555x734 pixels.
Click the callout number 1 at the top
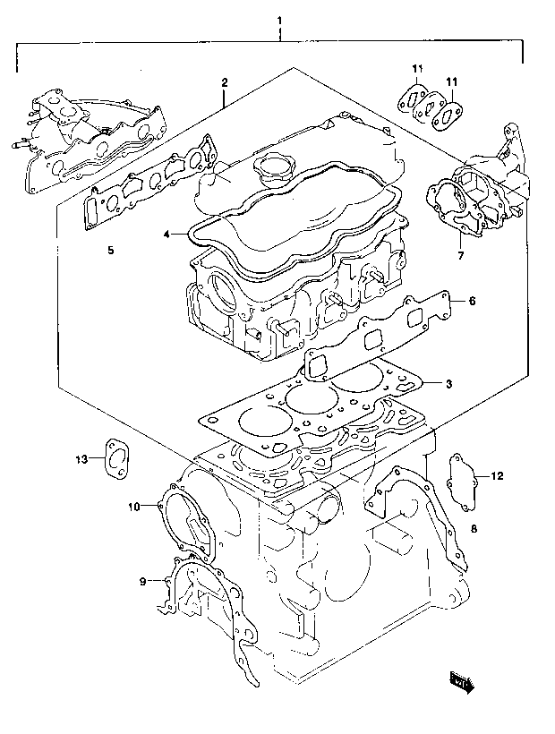279,21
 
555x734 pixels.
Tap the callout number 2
225,83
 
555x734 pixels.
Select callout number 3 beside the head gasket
448,384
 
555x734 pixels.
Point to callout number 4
166,234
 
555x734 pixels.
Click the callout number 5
110,251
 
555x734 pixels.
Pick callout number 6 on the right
472,301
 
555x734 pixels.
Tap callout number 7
460,256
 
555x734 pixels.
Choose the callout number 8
474,529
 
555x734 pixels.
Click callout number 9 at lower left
142,582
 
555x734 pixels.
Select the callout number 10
134,507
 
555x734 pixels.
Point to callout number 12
497,476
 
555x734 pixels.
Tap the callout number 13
81,459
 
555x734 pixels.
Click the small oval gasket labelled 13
116,459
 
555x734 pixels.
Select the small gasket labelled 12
462,482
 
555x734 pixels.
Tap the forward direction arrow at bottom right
462,682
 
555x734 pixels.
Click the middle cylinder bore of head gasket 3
312,397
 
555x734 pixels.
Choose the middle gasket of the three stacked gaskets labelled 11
431,107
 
